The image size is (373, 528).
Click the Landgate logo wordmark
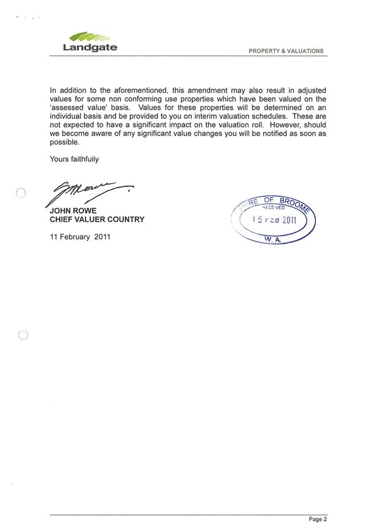(90, 47)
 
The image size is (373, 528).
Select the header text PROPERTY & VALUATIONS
(286, 51)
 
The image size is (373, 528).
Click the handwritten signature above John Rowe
(89, 193)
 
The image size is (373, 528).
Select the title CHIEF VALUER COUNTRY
(97, 220)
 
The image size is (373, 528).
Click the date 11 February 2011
(80, 236)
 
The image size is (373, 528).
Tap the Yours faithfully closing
(74, 159)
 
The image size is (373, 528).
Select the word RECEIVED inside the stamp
(273, 208)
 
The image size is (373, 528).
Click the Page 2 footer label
(318, 519)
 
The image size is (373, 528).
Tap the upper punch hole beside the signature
(21, 193)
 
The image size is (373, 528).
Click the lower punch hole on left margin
(23, 335)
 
